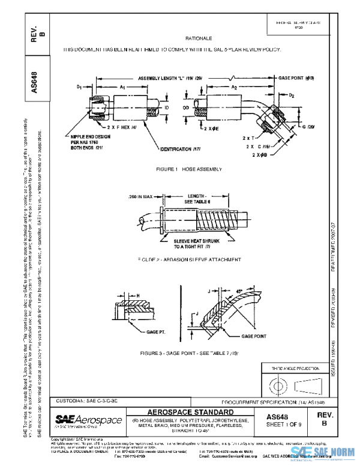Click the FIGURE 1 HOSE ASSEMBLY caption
pyautogui.click(x=190, y=170)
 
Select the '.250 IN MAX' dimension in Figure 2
pyautogui.click(x=142, y=196)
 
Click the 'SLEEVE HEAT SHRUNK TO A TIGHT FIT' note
pyautogui.click(x=188, y=243)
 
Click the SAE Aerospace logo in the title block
pyautogui.click(x=88, y=419)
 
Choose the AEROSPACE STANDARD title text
pyautogui.click(x=190, y=411)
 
